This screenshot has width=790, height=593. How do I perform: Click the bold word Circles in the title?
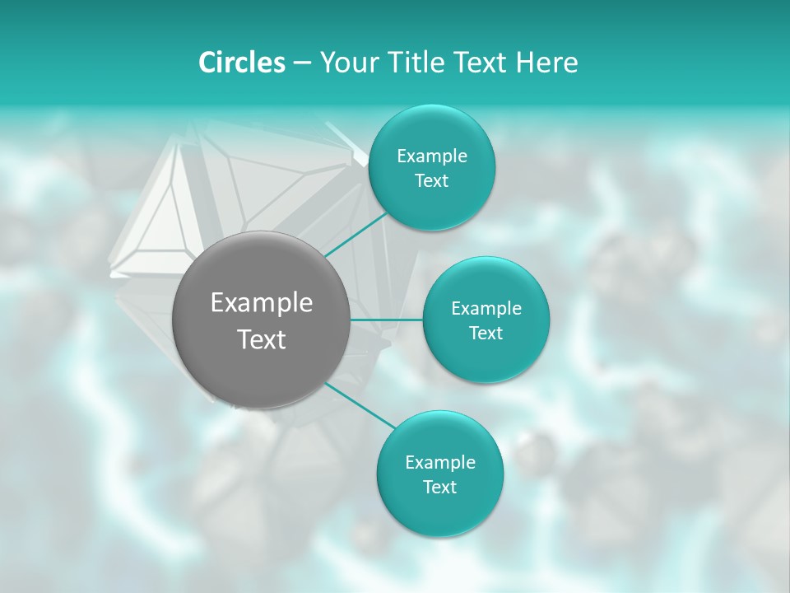point(241,63)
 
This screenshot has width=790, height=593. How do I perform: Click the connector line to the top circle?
point(356,234)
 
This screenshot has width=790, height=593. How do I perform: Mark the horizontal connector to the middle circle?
point(387,320)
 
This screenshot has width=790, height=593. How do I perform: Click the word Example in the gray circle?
point(262,303)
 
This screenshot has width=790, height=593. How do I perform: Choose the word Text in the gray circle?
point(262,339)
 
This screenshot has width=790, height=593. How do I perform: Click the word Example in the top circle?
point(432,156)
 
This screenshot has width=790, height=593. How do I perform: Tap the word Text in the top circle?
point(431,181)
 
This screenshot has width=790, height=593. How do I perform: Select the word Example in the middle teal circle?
point(486,309)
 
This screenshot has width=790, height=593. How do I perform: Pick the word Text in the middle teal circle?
point(486,334)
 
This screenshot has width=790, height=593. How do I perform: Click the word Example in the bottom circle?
point(440,463)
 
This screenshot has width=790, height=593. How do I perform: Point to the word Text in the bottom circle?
point(439,488)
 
